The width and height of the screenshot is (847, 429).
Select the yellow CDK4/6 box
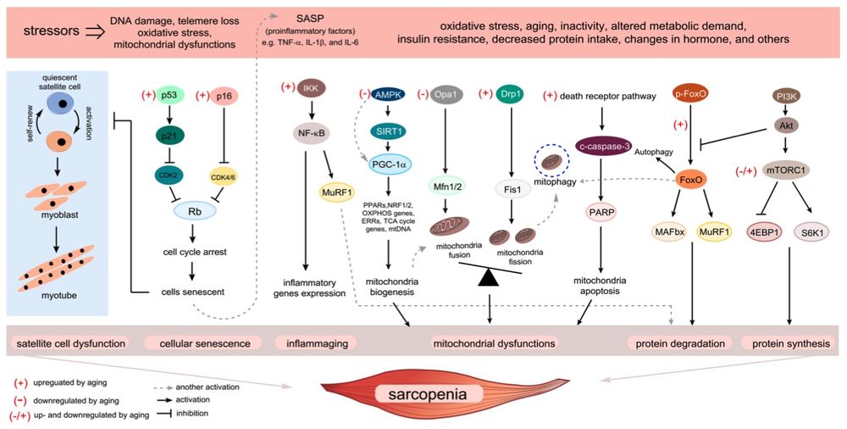click(x=224, y=176)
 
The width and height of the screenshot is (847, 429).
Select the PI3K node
click(x=790, y=97)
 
